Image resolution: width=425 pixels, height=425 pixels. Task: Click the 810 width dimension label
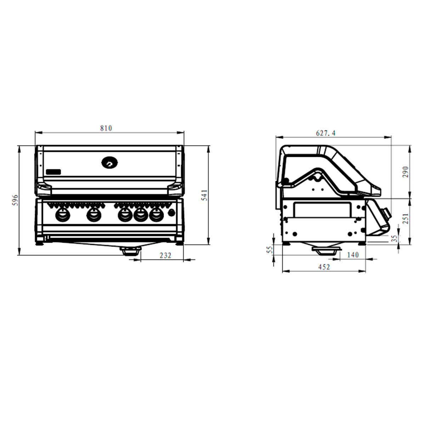point(106,128)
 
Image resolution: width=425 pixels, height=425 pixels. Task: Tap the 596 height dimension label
point(15,200)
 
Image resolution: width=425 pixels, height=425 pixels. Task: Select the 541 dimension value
point(205,195)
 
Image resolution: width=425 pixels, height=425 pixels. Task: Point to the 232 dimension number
point(165,255)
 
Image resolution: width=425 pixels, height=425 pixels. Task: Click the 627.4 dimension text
point(325,133)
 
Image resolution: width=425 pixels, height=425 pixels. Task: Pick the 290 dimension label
point(406,172)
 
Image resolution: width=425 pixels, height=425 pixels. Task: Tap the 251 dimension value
point(406,219)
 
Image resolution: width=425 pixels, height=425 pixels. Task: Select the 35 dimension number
point(394,238)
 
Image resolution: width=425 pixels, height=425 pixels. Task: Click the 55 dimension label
point(270,250)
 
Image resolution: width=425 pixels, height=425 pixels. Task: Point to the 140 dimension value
point(353,255)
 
